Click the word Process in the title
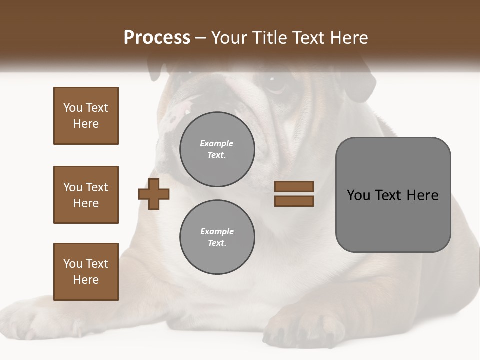coord(157,38)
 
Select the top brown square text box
coord(86,116)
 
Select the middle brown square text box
coord(86,195)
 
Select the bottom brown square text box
coord(86,272)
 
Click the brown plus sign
coord(154,194)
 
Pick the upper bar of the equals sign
coord(294,187)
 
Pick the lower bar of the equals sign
coord(294,201)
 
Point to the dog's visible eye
coord(274,85)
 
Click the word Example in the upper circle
coord(216,143)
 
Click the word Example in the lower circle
coord(217,231)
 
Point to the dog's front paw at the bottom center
coord(305,327)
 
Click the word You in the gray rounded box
coord(358,195)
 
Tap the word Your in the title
coord(229,38)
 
